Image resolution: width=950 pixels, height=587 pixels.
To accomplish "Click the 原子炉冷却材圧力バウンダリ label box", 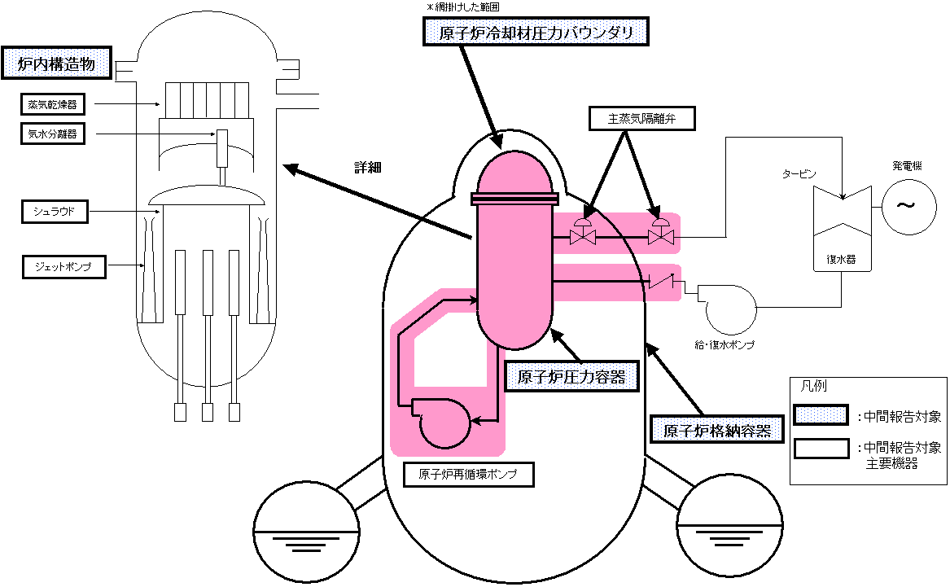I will (x=539, y=33).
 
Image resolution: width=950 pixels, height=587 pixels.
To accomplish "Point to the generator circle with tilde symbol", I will (x=905, y=206).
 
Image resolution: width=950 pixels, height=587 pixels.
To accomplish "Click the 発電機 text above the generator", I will (x=905, y=165).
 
